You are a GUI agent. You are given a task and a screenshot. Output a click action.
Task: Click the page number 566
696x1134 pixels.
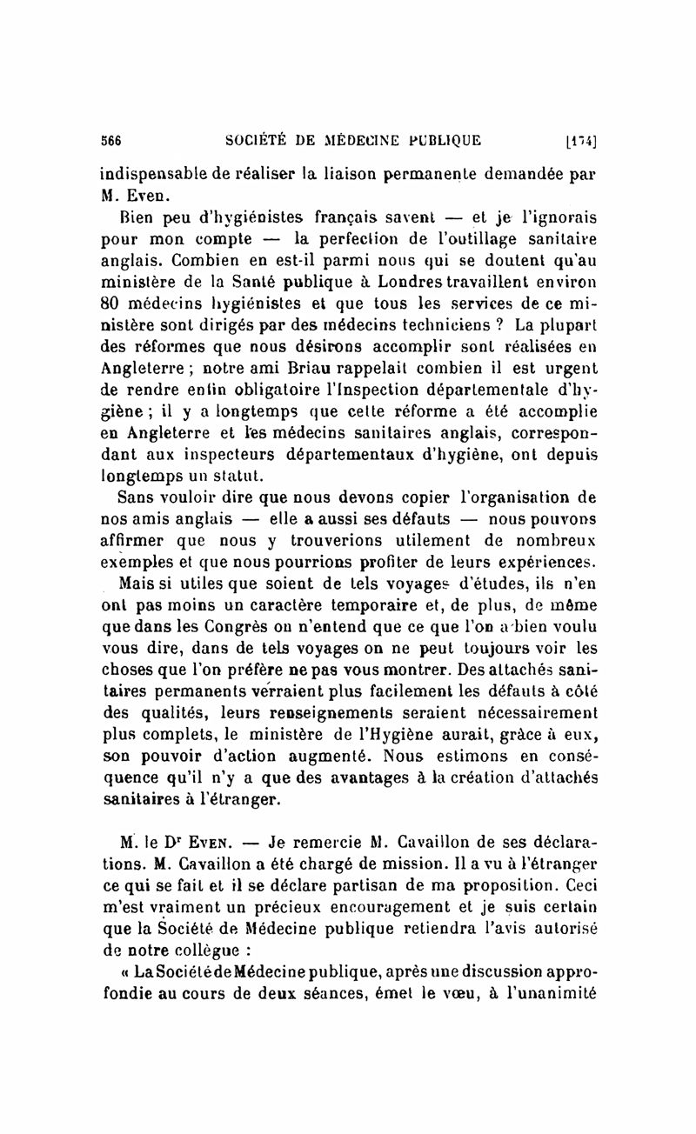click(110, 142)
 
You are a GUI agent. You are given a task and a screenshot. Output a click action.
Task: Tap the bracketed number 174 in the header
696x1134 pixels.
click(579, 142)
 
